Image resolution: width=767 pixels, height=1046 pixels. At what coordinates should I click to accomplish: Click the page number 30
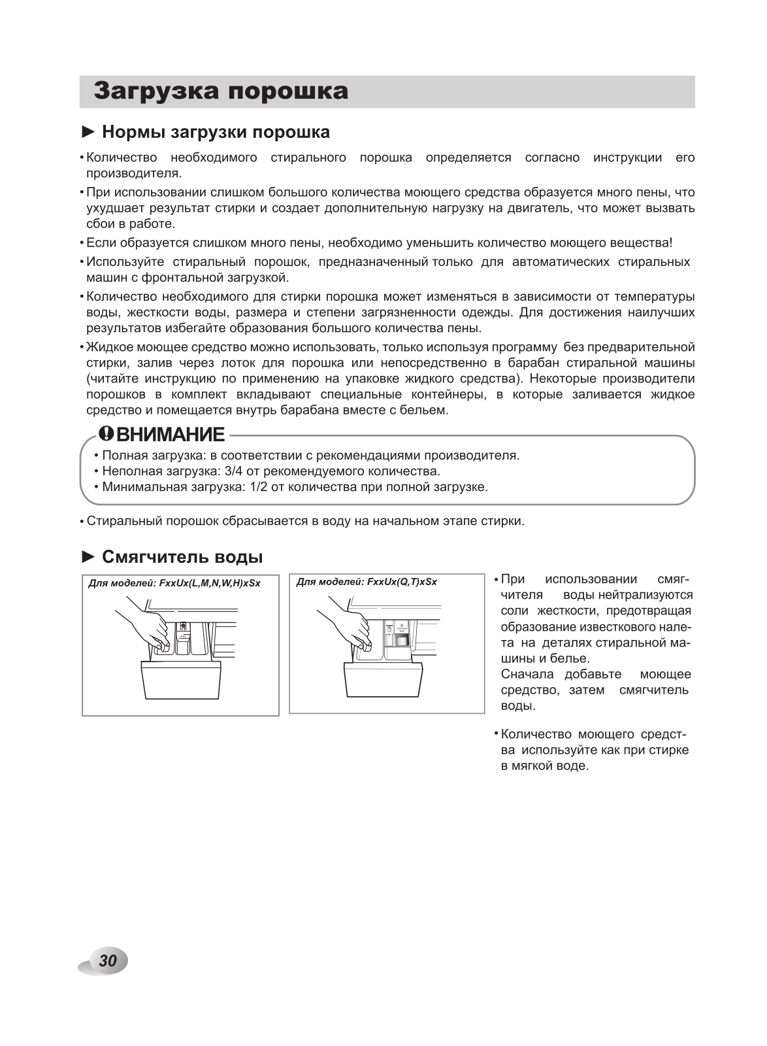tap(108, 960)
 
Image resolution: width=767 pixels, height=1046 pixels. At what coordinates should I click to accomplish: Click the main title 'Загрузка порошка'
tap(221, 92)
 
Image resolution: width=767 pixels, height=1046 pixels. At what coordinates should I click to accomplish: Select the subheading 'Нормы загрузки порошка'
tap(216, 132)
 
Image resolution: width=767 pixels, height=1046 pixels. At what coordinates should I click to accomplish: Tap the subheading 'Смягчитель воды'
tap(182, 557)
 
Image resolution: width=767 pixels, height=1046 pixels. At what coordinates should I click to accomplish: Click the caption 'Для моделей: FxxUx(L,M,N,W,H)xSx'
tap(174, 583)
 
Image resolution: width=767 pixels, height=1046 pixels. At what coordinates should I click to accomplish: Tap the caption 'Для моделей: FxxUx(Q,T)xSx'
tap(367, 582)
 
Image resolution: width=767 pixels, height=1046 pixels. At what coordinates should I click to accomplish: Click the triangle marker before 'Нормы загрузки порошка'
tap(88, 132)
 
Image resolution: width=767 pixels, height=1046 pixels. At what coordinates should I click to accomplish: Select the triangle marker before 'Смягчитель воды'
tap(88, 557)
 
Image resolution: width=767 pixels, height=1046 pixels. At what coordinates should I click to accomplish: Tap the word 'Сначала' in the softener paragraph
tap(527, 674)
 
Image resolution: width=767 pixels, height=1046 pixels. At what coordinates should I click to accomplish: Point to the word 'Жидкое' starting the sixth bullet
tap(106, 347)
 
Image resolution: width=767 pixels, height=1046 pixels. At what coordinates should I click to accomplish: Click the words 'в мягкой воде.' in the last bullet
tap(545, 766)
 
